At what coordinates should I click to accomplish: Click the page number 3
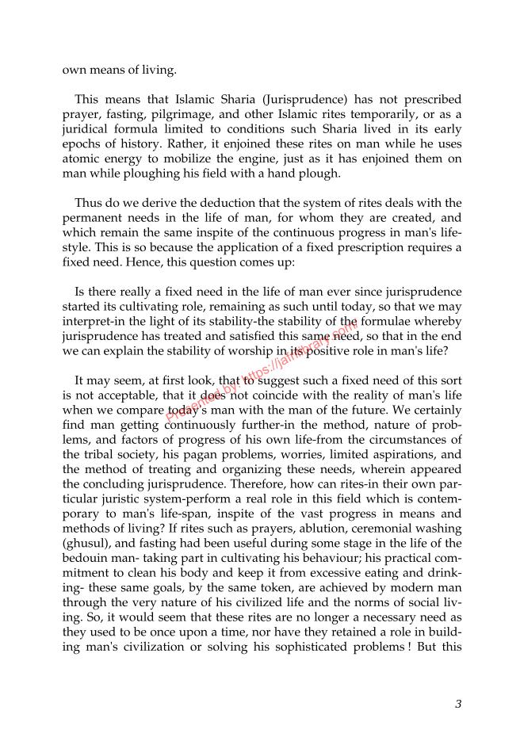(x=458, y=703)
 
